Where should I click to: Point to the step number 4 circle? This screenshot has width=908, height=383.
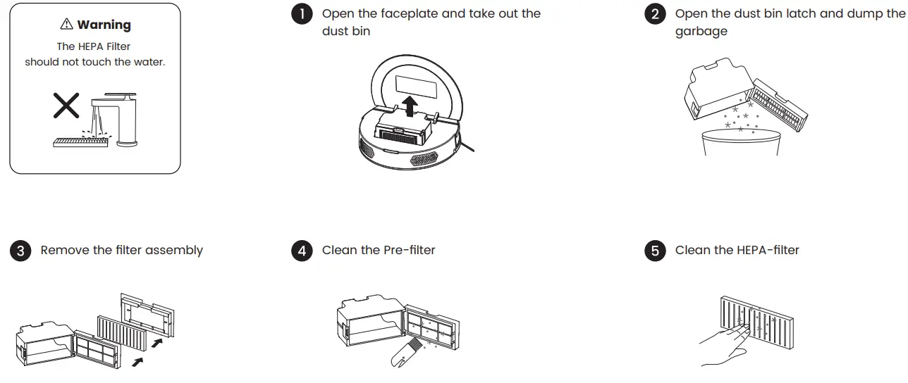302,251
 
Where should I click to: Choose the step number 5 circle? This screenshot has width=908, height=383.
655,251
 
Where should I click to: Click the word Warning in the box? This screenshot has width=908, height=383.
104,25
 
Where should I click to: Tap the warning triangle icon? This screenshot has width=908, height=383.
66,25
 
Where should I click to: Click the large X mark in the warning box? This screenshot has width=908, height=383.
67,106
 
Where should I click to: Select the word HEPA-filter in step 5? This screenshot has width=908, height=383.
768,251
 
